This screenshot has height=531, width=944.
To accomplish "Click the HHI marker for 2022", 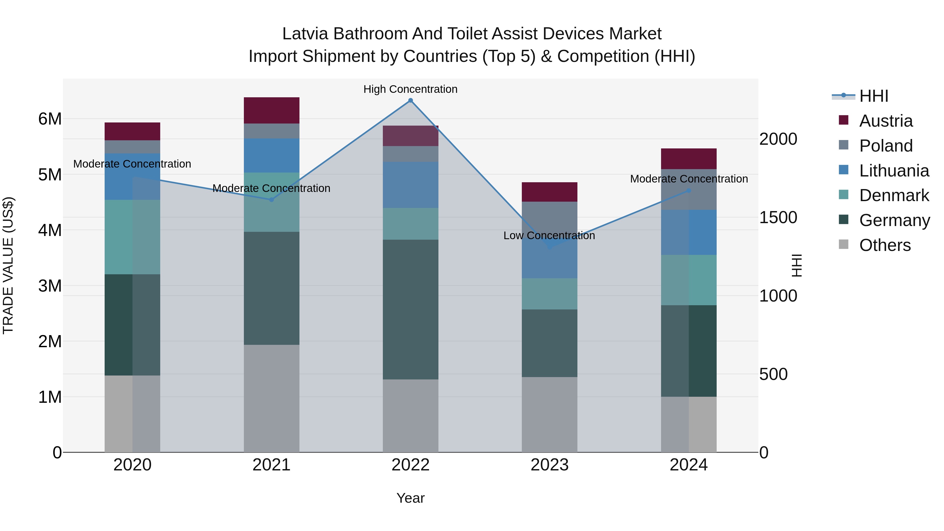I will (x=410, y=100).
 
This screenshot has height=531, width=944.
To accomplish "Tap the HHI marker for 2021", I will (x=272, y=200).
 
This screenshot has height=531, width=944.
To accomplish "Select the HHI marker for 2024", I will (x=689, y=191).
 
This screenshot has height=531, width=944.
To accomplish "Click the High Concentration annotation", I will (x=410, y=89).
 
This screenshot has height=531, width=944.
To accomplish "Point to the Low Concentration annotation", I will (x=549, y=236).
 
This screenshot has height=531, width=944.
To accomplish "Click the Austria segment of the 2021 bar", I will (x=272, y=110).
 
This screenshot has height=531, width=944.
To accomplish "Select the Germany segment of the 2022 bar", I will (x=410, y=309).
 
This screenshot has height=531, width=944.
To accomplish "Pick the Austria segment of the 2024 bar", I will (x=689, y=159).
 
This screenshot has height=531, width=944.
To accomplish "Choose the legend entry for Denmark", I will (x=894, y=195).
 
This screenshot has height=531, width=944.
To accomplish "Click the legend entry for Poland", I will (x=886, y=146).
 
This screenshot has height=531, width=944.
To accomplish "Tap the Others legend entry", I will (x=885, y=245).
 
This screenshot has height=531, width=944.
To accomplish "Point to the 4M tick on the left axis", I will (x=50, y=230).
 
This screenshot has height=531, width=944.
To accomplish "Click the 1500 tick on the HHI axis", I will (x=778, y=217).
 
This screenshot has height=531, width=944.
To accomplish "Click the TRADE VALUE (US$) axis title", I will (x=8, y=265).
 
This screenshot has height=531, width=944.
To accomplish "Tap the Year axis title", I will (x=410, y=498).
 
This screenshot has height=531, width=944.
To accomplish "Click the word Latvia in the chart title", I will (x=305, y=34).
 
